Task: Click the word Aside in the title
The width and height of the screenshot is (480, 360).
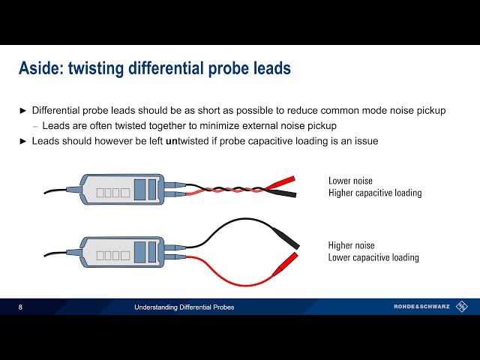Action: pyautogui.click(x=40, y=69)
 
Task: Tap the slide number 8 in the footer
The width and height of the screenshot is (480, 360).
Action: pyautogui.click(x=21, y=307)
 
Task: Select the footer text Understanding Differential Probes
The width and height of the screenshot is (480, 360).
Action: pyautogui.click(x=184, y=307)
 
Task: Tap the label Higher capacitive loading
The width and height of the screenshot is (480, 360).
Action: pyautogui.click(x=375, y=193)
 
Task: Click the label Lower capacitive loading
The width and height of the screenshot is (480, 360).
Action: pyautogui.click(x=373, y=257)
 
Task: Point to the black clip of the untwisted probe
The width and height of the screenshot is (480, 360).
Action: pyautogui.click(x=285, y=238)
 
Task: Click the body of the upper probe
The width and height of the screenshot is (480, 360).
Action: pyautogui.click(x=120, y=189)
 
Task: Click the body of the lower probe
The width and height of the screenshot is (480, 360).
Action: pyautogui.click(x=120, y=252)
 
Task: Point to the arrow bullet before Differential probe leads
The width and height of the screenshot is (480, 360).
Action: pyautogui.click(x=22, y=110)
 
